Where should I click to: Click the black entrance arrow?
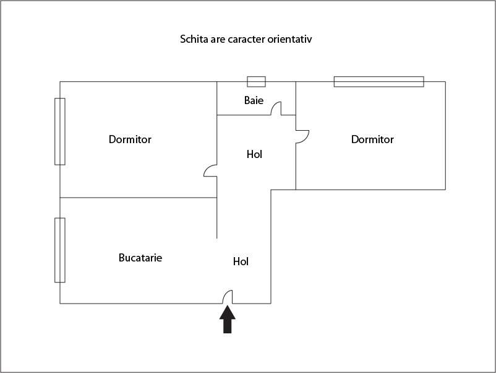pos(228,320)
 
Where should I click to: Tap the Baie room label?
pos(254,100)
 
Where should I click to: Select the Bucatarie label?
pos(140,258)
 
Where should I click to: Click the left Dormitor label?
pos(130,139)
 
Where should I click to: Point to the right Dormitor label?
pos(372,139)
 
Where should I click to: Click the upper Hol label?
pos(254,154)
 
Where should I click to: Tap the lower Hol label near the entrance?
pos(241,261)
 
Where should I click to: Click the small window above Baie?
pos(256,81)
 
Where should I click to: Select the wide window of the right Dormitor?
pos(378,81)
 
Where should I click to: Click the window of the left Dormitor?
pos(60,131)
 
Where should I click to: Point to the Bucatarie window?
pos(60,250)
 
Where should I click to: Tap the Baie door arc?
pos(276,108)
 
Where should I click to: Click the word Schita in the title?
pos(193,40)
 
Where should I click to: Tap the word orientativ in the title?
pos(296,40)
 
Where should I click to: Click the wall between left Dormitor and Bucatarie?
pos(138,198)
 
